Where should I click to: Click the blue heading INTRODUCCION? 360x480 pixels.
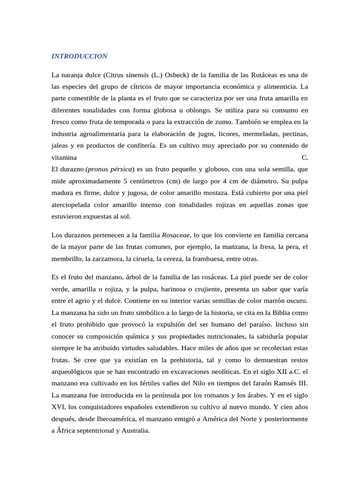click(79, 56)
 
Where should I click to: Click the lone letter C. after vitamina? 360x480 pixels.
click(305, 157)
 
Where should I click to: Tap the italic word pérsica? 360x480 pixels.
click(121, 169)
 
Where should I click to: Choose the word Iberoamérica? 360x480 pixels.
click(108, 419)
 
